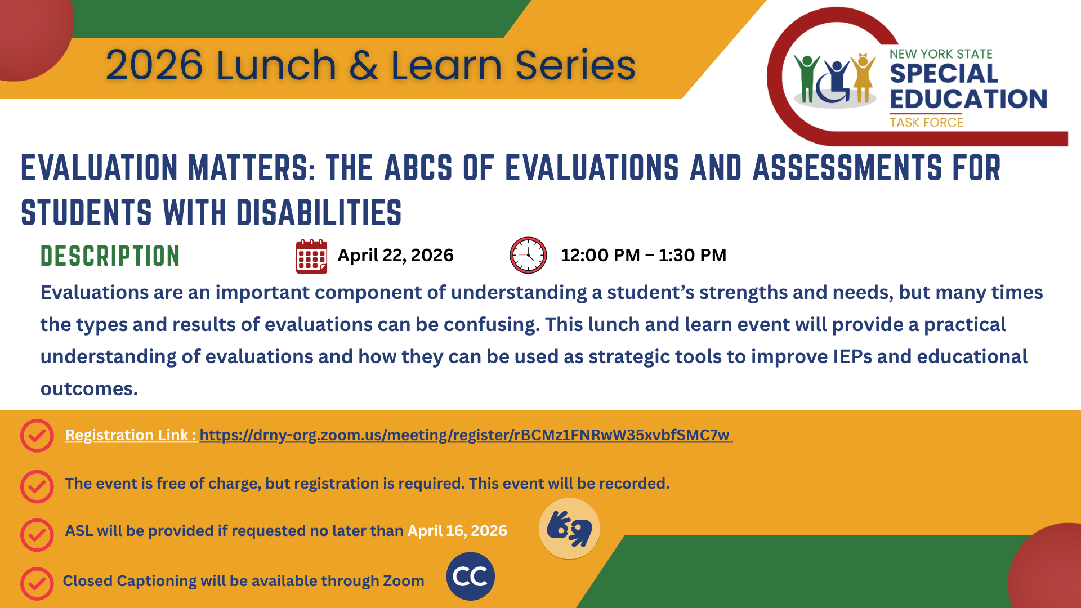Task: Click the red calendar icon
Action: pos(311,257)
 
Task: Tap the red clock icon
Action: pos(528,255)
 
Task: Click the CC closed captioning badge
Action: pos(470,576)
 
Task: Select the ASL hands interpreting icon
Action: pos(569,529)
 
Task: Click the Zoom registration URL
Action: pos(465,435)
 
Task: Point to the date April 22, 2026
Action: pos(395,256)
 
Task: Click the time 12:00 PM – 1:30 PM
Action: pos(643,256)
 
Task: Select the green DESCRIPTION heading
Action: pos(110,256)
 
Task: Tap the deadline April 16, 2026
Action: pos(457,531)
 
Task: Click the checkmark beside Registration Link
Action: pos(37,436)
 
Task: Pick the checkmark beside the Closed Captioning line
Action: pos(37,583)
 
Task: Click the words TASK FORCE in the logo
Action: pos(926,122)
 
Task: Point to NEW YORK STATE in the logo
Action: pos(941,54)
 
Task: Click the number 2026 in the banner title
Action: pos(154,65)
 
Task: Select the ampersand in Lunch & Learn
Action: pos(363,65)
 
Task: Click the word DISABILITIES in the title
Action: pos(319,213)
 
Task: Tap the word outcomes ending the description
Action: pos(88,389)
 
